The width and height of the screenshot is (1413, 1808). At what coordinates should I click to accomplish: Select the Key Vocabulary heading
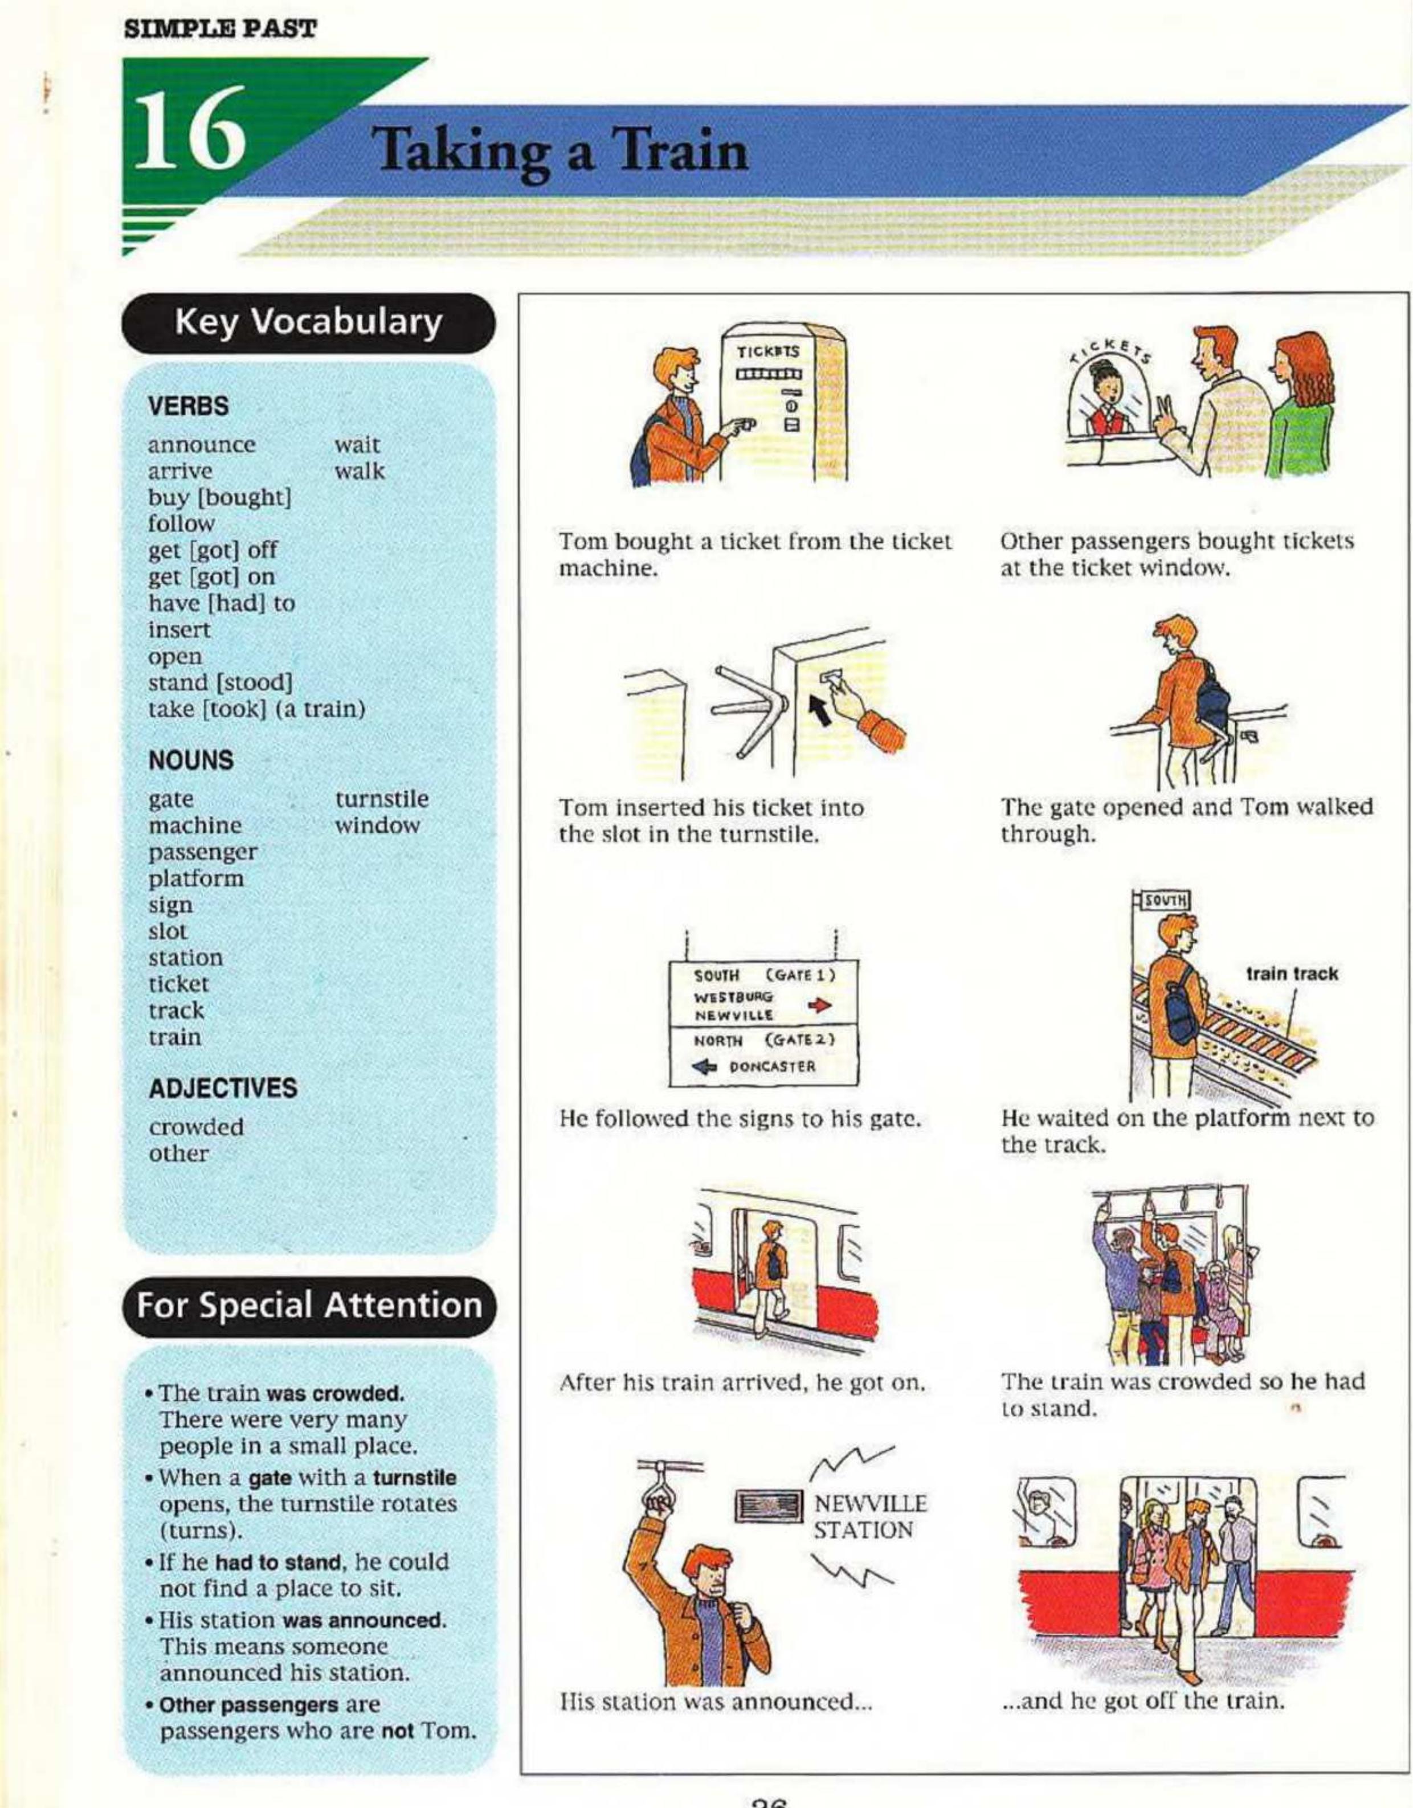point(308,324)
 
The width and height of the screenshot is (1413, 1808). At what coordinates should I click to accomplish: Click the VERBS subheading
point(188,407)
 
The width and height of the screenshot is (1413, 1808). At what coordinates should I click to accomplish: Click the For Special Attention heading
point(308,1306)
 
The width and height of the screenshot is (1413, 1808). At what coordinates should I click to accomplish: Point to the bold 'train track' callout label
point(1291,975)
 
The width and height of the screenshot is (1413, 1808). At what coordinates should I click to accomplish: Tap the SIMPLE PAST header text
point(219,29)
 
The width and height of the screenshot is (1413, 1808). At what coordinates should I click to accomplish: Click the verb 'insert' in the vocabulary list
point(179,630)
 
